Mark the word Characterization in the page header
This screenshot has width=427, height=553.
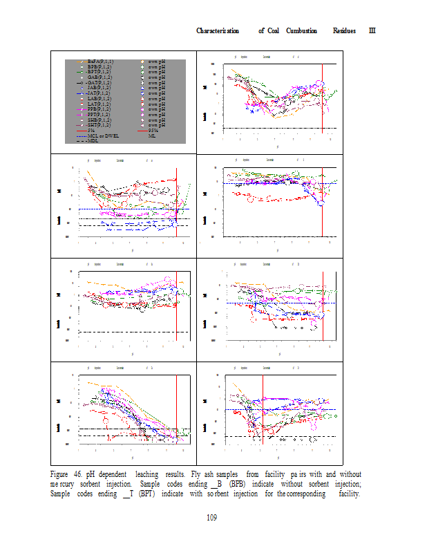click(x=218, y=31)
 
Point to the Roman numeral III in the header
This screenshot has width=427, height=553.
click(x=371, y=31)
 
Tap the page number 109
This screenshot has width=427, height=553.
click(x=213, y=516)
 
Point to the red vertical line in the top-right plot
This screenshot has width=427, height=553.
click(x=323, y=97)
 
